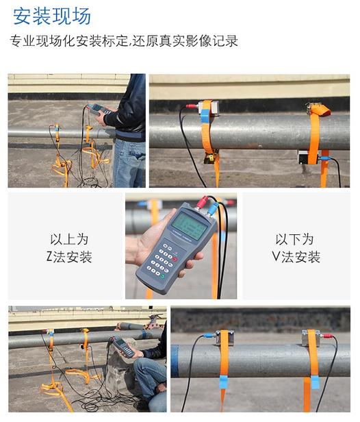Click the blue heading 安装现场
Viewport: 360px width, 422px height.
(x=52, y=16)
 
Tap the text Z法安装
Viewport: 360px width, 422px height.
(x=69, y=256)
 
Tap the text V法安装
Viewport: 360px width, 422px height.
(x=296, y=256)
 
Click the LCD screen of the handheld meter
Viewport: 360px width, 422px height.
(x=190, y=225)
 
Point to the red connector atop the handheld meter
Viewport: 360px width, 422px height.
(x=202, y=202)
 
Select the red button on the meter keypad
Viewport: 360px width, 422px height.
(x=175, y=259)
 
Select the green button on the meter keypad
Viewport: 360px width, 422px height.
(x=163, y=276)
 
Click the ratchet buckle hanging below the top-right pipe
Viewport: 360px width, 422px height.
(x=210, y=158)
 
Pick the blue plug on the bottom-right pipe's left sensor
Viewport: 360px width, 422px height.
(x=209, y=336)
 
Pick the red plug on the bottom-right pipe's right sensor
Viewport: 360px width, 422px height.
(x=327, y=336)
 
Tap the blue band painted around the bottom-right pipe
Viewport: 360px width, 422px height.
(x=175, y=361)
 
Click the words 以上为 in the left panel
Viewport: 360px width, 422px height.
(x=69, y=239)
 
